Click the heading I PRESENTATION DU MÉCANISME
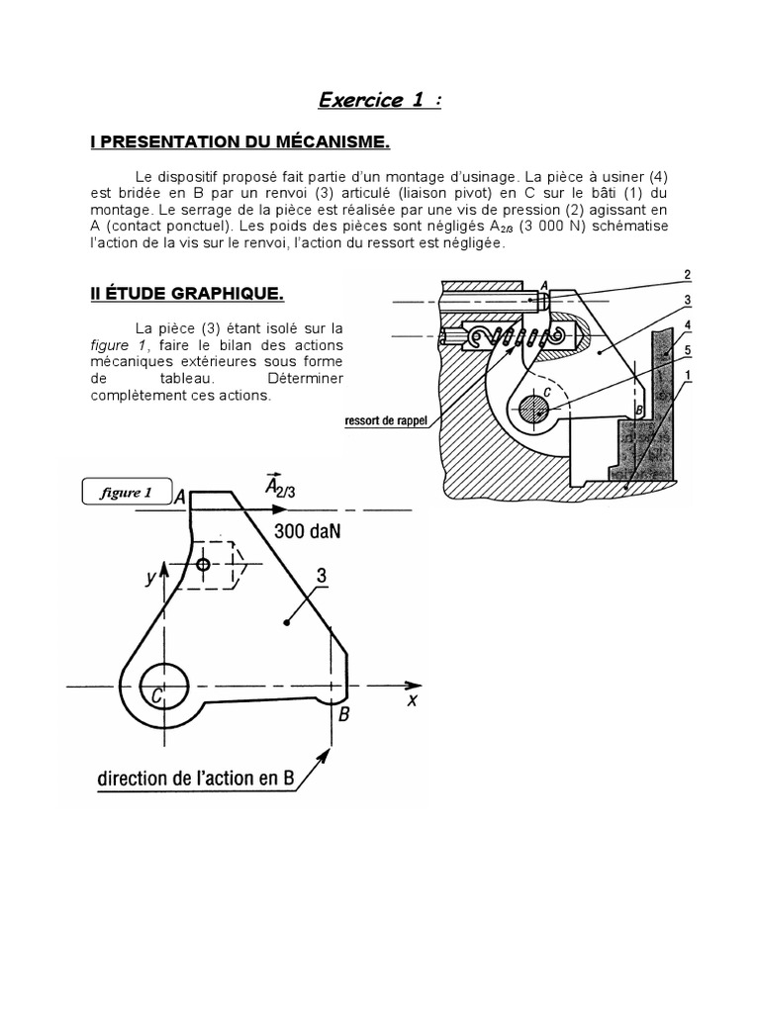click(239, 142)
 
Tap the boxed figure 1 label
click(126, 493)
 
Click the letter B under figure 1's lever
click(343, 713)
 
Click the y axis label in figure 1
click(151, 579)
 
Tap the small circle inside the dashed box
click(203, 564)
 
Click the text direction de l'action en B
click(196, 779)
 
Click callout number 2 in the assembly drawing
click(686, 274)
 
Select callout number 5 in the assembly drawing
click(686, 348)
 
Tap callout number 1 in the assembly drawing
click(686, 374)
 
